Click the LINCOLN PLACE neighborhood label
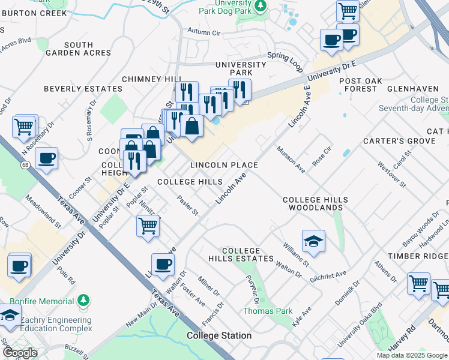224,165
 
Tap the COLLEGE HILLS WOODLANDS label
315,203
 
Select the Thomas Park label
268,311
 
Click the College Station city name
218,335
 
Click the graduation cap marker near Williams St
313,241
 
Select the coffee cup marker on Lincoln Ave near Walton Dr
162,263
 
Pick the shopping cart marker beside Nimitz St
148,226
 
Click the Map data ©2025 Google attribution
411,355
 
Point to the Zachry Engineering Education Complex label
56,325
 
